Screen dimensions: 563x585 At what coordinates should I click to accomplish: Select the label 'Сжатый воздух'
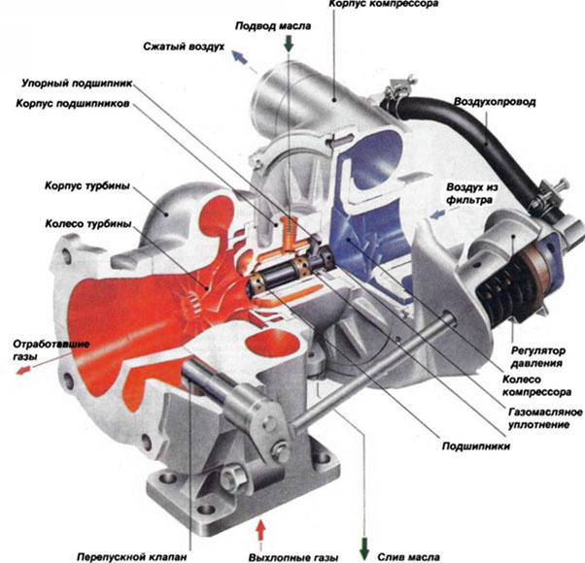pyautogui.click(x=185, y=46)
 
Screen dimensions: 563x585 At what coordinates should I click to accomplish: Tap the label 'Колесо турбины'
pyautogui.click(x=85, y=222)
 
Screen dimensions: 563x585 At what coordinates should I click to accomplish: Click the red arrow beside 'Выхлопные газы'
pyautogui.click(x=258, y=530)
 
